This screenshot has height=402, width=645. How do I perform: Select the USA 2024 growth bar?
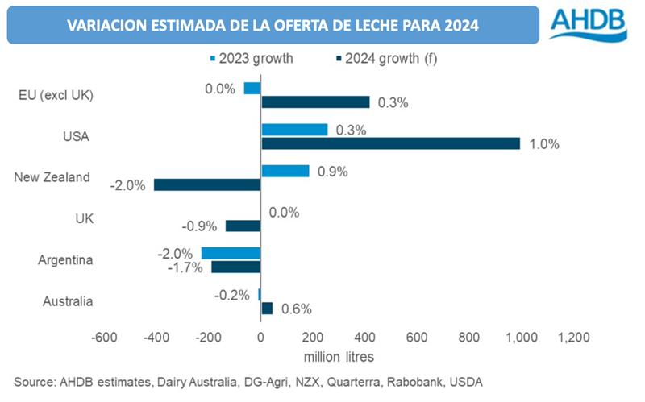[x=390, y=143]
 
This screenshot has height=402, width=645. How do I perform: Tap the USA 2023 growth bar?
[x=294, y=130]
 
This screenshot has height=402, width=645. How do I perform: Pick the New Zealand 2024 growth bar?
[x=207, y=184]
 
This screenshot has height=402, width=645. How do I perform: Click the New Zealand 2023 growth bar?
[x=285, y=171]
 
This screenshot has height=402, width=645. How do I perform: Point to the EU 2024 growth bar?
[x=315, y=102]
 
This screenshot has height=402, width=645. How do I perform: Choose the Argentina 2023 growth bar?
[x=231, y=253]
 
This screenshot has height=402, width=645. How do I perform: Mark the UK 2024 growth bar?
[x=243, y=226]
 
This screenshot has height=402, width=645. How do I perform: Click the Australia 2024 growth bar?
[x=267, y=309]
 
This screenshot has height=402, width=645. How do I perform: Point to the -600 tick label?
[x=106, y=338]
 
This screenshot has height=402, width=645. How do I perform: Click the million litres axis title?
[x=339, y=355]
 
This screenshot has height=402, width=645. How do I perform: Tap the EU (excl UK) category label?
[x=56, y=96]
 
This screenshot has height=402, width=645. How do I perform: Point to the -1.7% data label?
[x=185, y=267]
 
